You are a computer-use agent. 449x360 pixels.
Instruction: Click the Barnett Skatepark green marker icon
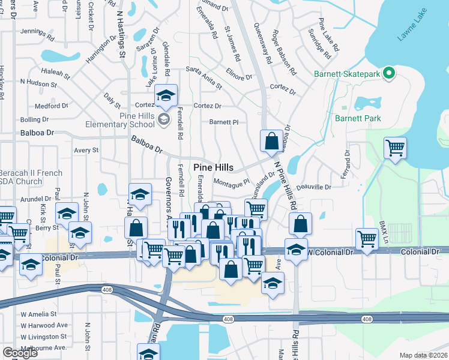pyautogui.click(x=388, y=74)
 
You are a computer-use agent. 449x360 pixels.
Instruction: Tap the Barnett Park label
pyautogui.click(x=358, y=118)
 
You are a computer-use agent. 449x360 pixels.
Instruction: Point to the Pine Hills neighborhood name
pyautogui.click(x=212, y=167)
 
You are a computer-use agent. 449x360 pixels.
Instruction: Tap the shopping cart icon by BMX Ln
pyautogui.click(x=367, y=238)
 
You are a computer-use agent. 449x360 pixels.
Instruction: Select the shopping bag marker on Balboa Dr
pyautogui.click(x=271, y=141)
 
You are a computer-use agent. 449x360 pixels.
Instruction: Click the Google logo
pyautogui.click(x=20, y=352)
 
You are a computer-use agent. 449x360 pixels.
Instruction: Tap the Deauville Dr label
pyautogui.click(x=314, y=187)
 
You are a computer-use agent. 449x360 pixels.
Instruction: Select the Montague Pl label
pyautogui.click(x=231, y=181)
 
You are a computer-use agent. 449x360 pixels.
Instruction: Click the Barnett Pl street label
pyautogui.click(x=224, y=122)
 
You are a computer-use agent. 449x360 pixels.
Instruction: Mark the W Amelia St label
pyautogui.click(x=38, y=314)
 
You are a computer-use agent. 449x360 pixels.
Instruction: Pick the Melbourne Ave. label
pyautogui.click(x=43, y=347)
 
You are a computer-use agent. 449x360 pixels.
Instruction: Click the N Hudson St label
pyautogui.click(x=37, y=81)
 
